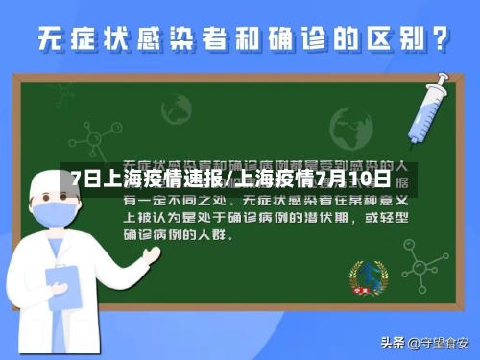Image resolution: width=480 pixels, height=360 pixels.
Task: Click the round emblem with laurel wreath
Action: coord(365,277)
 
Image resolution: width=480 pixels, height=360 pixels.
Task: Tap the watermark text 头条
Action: coord(392,343)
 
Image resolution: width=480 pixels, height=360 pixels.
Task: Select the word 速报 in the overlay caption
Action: coord(204,179)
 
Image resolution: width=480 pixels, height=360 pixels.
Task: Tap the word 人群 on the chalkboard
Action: coord(218,233)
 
